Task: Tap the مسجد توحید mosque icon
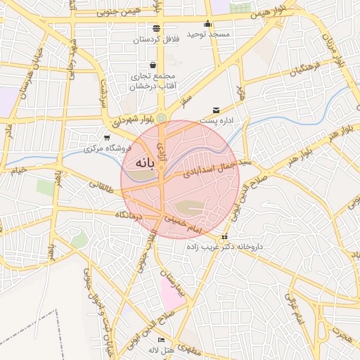[209, 22]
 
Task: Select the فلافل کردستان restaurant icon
[156, 28]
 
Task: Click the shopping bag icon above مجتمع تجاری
[153, 65]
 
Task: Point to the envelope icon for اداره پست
[215, 110]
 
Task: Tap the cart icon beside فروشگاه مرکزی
[106, 138]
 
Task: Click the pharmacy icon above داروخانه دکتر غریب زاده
[225, 237]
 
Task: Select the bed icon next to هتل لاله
[162, 340]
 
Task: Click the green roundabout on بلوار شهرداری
[162, 117]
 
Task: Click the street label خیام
[17, 170]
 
